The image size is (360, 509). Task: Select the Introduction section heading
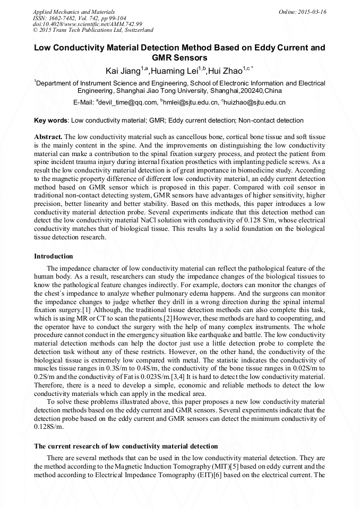click(x=53, y=256)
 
